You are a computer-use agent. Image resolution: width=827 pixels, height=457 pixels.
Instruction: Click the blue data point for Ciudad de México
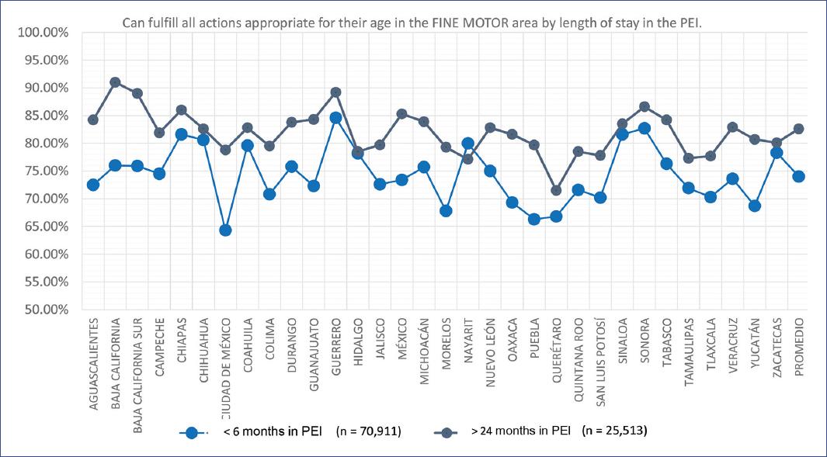[x=225, y=230]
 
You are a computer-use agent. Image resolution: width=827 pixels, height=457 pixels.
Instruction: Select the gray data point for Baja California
[x=115, y=82]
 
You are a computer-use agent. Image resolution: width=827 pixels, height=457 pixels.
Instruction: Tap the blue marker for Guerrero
[x=335, y=118]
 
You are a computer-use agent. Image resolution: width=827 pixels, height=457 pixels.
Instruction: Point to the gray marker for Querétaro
[x=556, y=190]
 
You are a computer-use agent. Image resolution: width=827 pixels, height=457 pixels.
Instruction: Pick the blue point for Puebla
[x=534, y=219]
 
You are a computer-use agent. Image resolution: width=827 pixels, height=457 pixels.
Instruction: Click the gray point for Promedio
[x=798, y=129]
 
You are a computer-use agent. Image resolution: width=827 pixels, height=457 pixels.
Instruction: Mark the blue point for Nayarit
[x=467, y=144]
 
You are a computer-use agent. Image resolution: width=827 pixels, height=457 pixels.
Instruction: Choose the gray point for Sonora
[x=645, y=106]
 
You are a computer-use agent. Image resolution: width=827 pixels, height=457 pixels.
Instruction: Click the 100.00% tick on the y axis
[x=43, y=33]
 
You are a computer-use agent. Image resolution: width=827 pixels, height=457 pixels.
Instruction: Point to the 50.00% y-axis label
[x=43, y=310]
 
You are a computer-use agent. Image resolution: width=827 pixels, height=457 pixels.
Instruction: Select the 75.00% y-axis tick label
[x=43, y=171]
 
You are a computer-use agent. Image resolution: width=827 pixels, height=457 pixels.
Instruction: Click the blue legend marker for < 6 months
[x=191, y=433]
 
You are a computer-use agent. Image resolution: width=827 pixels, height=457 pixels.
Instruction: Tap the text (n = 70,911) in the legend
[x=368, y=432]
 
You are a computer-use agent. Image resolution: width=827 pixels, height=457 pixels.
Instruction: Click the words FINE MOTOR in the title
[x=464, y=23]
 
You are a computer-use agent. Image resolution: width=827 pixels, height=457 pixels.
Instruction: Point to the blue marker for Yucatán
[x=754, y=206]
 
